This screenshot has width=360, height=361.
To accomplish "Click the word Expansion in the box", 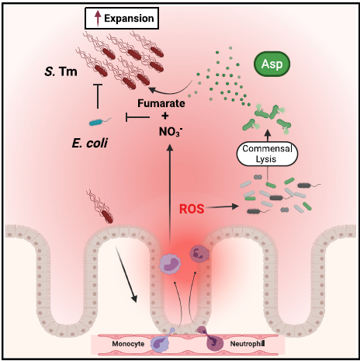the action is click(x=129, y=19).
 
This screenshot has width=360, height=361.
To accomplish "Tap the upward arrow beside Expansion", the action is click(x=98, y=18).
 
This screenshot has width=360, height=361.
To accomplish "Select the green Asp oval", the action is click(x=272, y=64).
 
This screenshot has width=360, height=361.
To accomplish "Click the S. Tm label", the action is click(x=61, y=71).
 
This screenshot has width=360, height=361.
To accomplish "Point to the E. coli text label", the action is click(x=90, y=143).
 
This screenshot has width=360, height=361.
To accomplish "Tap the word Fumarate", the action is click(x=161, y=103).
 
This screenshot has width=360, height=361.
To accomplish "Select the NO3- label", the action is click(x=171, y=132).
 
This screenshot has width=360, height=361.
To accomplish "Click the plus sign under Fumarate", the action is click(x=164, y=116).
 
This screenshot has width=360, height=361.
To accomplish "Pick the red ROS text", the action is click(x=192, y=209).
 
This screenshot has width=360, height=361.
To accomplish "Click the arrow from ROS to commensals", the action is click(x=221, y=207).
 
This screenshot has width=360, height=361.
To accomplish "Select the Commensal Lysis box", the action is click(x=267, y=154).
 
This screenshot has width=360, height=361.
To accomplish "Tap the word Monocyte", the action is click(x=128, y=344).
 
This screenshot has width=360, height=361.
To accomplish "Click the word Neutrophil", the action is click(x=247, y=344).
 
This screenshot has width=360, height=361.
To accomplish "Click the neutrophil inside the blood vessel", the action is click(x=213, y=341).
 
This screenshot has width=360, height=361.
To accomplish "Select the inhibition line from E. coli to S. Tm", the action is click(x=98, y=96).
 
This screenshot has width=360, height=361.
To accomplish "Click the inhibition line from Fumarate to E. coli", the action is click(x=137, y=117).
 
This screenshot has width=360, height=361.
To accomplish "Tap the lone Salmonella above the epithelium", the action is click(x=100, y=207).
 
